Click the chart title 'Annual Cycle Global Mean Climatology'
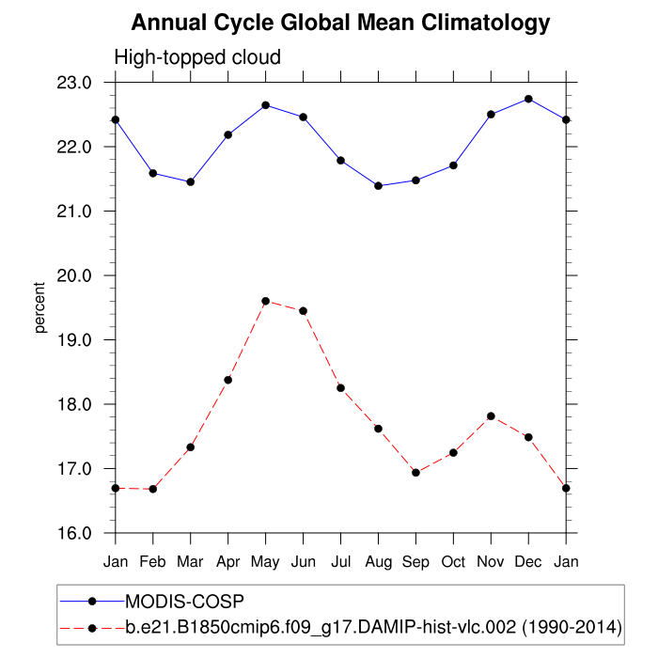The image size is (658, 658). [x=340, y=23]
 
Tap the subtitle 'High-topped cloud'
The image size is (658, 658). [x=197, y=57]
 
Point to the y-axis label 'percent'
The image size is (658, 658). [x=40, y=307]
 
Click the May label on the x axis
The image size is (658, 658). [x=265, y=562]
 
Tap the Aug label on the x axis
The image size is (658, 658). [x=378, y=562]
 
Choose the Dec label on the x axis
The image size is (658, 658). [x=528, y=562]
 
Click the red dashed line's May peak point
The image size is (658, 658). [x=266, y=301]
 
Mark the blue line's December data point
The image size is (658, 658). [x=528, y=99]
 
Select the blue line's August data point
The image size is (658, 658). [x=378, y=186]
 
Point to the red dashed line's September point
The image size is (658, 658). [x=415, y=472]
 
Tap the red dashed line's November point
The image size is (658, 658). [x=491, y=415]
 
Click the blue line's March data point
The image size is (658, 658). [x=191, y=181]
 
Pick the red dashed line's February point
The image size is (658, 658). [x=153, y=489]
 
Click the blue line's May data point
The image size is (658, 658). [x=266, y=104]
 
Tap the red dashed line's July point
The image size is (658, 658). [x=340, y=387]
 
